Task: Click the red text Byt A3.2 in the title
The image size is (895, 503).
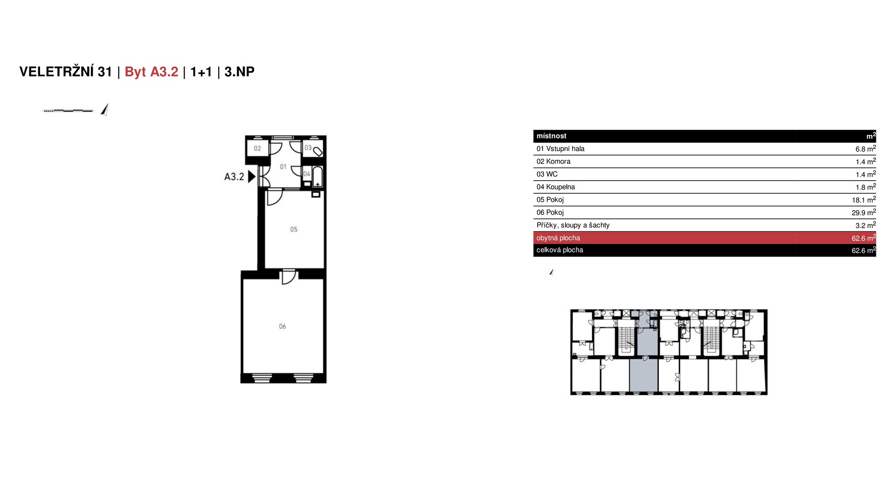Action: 151,72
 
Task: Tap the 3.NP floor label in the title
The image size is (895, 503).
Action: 239,72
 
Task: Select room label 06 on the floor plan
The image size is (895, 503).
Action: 282,326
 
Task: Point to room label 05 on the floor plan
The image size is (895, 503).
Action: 294,229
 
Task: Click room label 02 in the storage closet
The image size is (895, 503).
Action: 257,149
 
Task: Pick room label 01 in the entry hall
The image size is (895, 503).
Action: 283,167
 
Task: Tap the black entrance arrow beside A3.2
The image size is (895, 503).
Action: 252,177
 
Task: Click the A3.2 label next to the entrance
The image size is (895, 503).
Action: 234,177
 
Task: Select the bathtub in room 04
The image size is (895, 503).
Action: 317,177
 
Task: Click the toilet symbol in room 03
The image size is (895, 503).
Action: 318,151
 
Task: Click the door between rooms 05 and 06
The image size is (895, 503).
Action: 289,277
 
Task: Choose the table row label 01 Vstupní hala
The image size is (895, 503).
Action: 560,149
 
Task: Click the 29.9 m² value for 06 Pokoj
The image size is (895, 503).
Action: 864,212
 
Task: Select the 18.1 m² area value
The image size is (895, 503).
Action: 864,199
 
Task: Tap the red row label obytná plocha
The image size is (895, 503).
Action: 558,238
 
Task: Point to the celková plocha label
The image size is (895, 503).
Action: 560,250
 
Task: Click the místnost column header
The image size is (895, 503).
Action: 551,136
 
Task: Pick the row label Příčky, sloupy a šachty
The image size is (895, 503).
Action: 573,225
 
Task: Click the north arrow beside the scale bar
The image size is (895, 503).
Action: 105,110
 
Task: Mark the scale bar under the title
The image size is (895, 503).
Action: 68,111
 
